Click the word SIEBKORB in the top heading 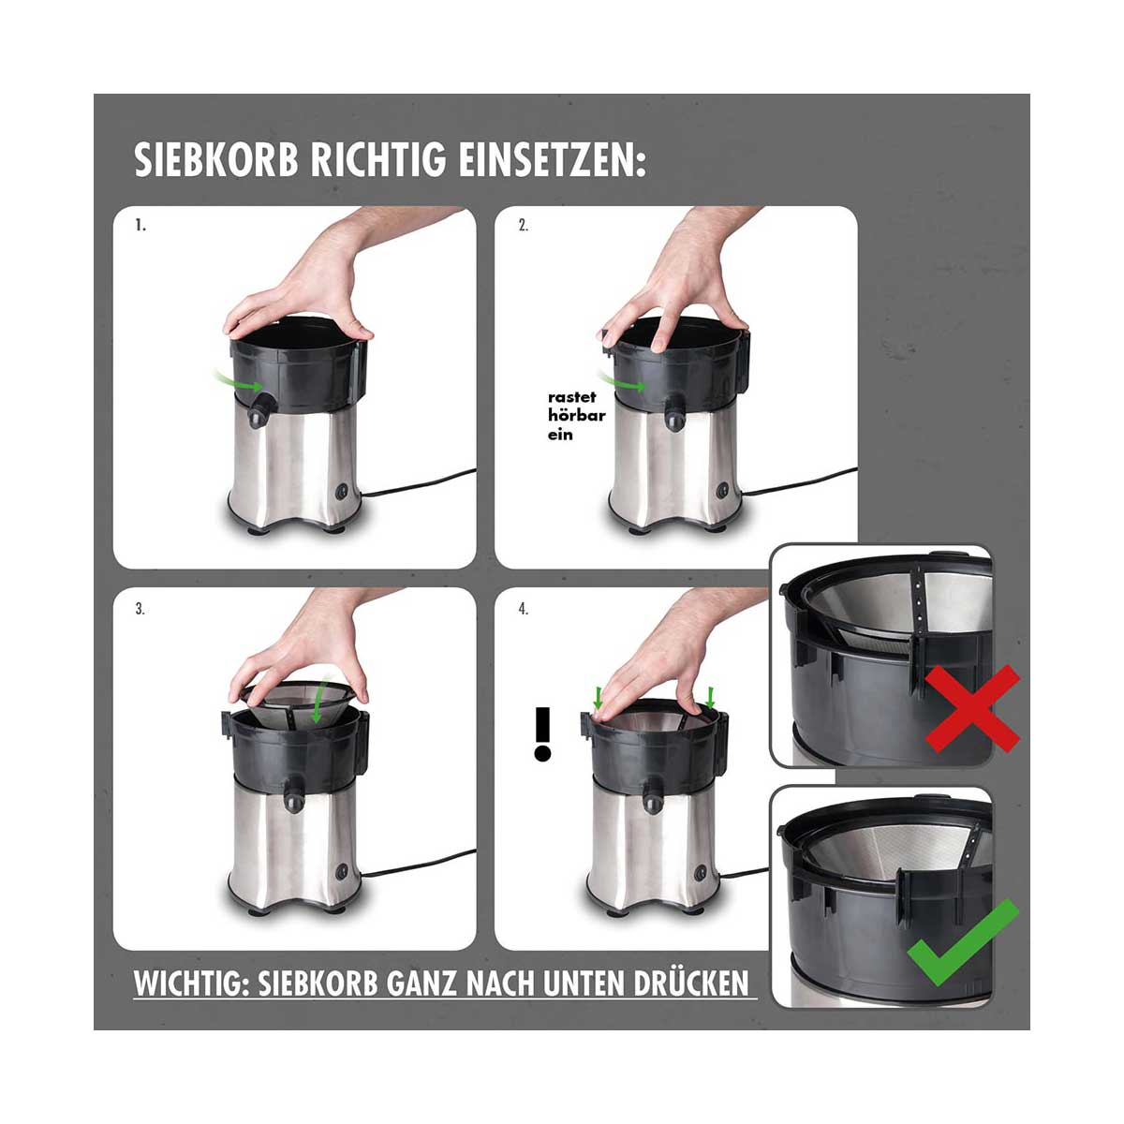[x=216, y=159]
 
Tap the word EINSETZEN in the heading [x=553, y=159]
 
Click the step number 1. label [x=140, y=226]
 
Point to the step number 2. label [x=524, y=226]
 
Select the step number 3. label [x=140, y=609]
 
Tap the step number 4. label [x=524, y=609]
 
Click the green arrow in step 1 [x=237, y=380]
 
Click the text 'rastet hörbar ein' [x=576, y=416]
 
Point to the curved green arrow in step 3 [x=320, y=700]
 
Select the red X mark [x=972, y=708]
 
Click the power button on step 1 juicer [x=341, y=492]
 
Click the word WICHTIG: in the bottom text [x=191, y=983]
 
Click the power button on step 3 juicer [x=341, y=873]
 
